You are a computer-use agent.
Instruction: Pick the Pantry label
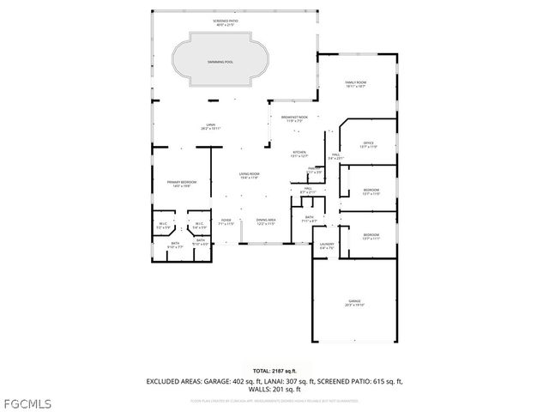pos(315,170)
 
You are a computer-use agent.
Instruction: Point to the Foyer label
pos(226,221)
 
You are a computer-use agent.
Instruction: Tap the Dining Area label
pos(266,221)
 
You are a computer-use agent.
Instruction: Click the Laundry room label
pos(327,246)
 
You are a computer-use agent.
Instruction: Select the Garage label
pos(354,302)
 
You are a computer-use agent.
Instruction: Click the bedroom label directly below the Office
pos(371,191)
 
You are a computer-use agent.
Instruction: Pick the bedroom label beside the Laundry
pos(371,236)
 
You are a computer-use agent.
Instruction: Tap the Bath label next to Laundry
pos(310,219)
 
